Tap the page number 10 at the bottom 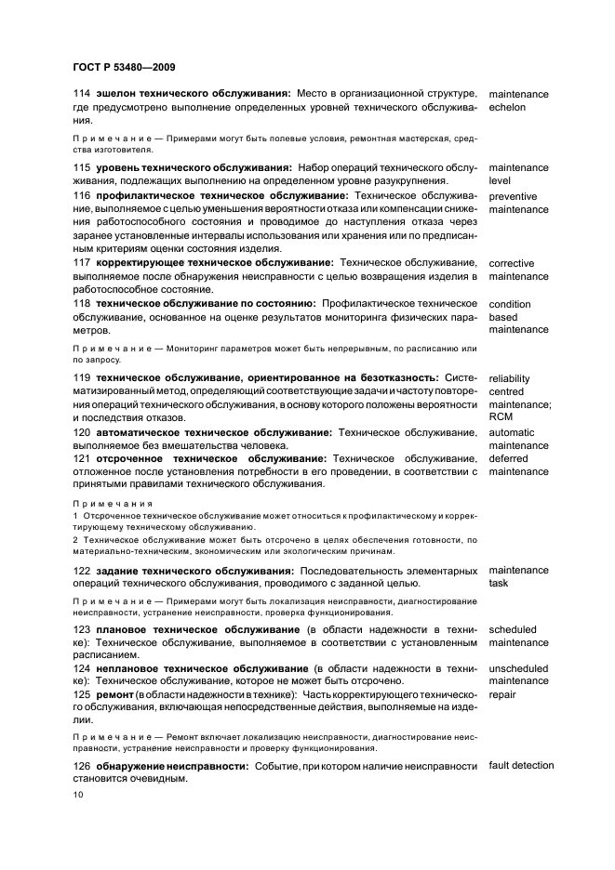click(x=77, y=796)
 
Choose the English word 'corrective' click(x=512, y=263)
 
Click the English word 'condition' click(x=510, y=304)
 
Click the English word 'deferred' click(x=508, y=458)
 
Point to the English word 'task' click(x=499, y=583)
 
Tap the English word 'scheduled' click(x=513, y=629)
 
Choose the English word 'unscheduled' click(x=518, y=668)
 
